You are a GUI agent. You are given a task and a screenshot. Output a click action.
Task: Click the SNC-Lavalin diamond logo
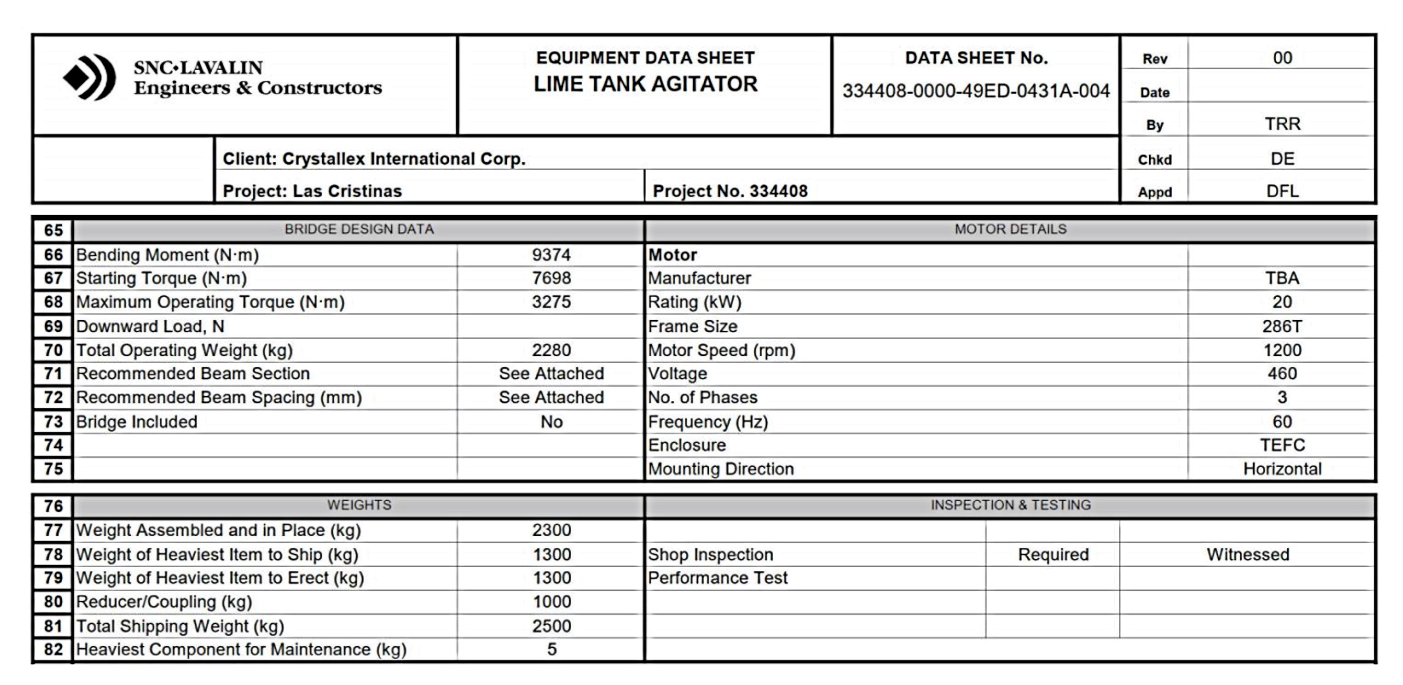click(89, 78)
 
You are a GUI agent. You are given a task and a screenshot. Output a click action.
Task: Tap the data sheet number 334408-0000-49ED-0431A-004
click(975, 91)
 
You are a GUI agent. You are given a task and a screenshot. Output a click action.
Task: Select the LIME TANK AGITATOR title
click(645, 84)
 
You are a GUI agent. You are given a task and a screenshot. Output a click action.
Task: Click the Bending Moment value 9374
click(551, 255)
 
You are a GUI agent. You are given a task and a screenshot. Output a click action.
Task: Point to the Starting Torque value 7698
click(551, 278)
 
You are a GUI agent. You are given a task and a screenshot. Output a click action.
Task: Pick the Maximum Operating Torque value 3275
click(551, 302)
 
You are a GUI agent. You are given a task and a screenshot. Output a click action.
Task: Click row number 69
click(53, 326)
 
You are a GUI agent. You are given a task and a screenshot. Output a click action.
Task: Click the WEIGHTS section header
click(359, 505)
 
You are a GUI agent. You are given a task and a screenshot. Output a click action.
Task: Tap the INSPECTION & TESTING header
click(1010, 505)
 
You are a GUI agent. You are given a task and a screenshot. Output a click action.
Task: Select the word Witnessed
click(1247, 555)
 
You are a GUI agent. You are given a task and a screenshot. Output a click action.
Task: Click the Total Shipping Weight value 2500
click(551, 626)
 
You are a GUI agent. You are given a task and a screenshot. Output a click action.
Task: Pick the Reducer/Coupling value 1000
click(551, 602)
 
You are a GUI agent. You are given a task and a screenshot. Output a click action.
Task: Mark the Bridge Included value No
click(551, 422)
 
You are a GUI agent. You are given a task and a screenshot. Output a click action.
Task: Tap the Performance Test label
click(717, 578)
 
